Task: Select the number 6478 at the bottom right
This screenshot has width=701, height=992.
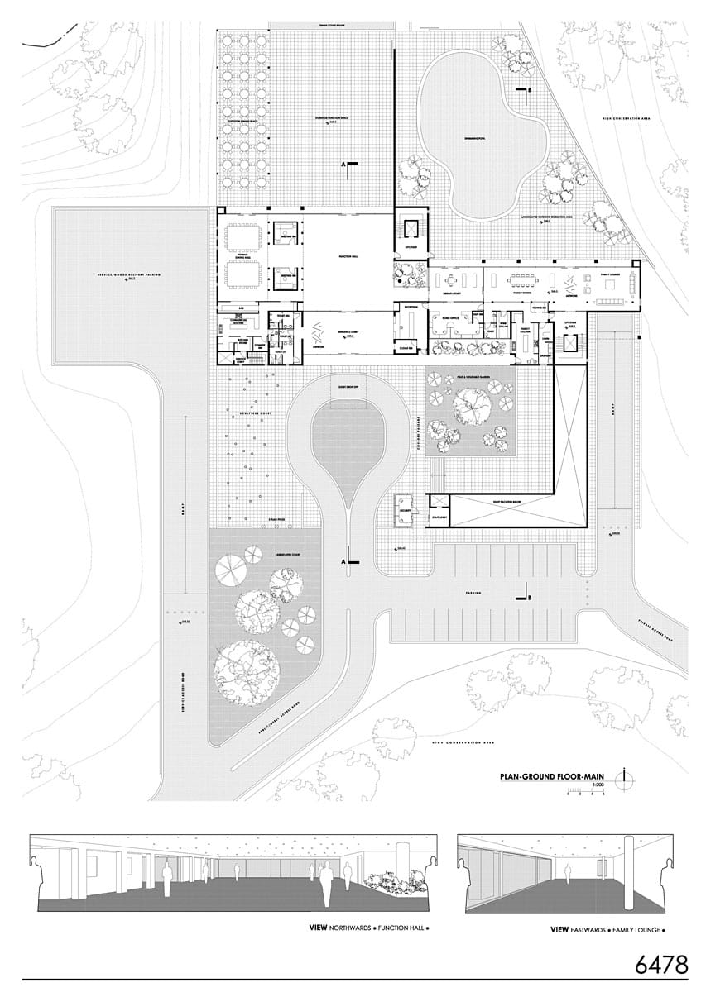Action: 662,964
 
